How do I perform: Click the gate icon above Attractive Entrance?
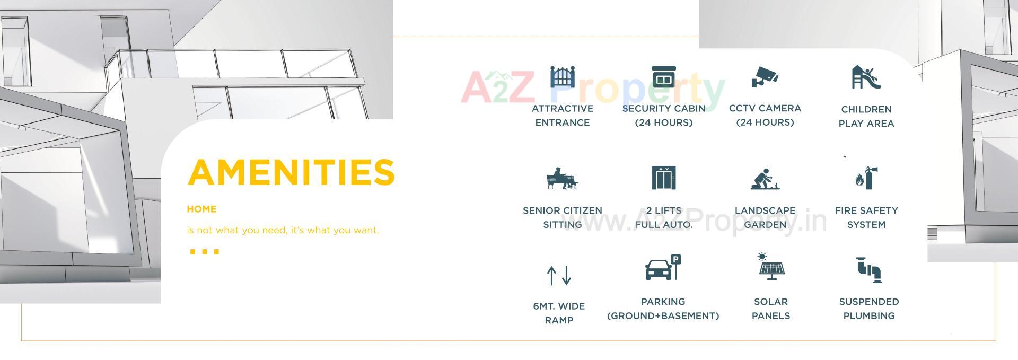click(562, 77)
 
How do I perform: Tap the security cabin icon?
click(663, 77)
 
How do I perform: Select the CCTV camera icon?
click(765, 77)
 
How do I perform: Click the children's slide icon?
click(866, 77)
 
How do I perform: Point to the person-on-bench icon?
click(562, 179)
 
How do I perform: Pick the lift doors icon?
click(663, 178)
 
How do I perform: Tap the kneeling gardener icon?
click(765, 179)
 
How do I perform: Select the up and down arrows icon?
click(559, 275)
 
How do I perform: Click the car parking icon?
click(663, 268)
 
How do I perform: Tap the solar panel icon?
click(770, 267)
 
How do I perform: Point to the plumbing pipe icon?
click(868, 269)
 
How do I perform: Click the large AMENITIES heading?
click(291, 172)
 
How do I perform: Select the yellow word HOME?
click(201, 209)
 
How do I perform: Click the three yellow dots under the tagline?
click(204, 251)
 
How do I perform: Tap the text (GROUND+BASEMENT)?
click(663, 316)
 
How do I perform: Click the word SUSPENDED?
click(868, 302)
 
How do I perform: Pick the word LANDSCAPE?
click(765, 210)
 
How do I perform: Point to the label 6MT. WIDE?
click(559, 306)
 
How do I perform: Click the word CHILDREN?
click(866, 109)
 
